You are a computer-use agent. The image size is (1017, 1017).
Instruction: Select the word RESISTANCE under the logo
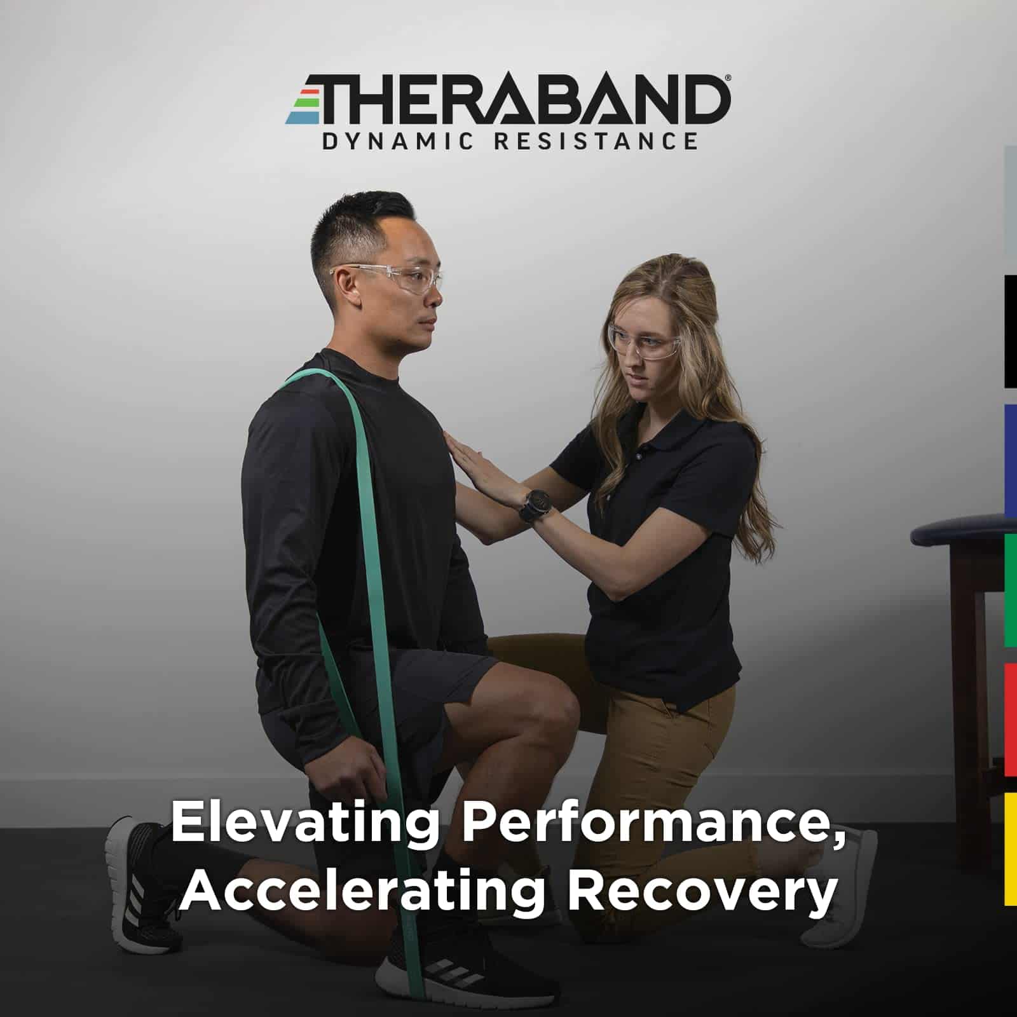pyautogui.click(x=596, y=141)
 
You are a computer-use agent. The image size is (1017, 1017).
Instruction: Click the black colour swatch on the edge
pyautogui.click(x=1011, y=331)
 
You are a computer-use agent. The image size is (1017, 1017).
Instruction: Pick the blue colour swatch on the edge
pyautogui.click(x=1011, y=461)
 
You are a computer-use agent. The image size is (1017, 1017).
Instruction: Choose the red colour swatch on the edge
pyautogui.click(x=1011, y=720)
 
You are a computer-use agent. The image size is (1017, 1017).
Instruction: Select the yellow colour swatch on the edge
pyautogui.click(x=1011, y=849)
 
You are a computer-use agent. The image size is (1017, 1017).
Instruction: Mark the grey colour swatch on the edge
pyautogui.click(x=1011, y=202)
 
